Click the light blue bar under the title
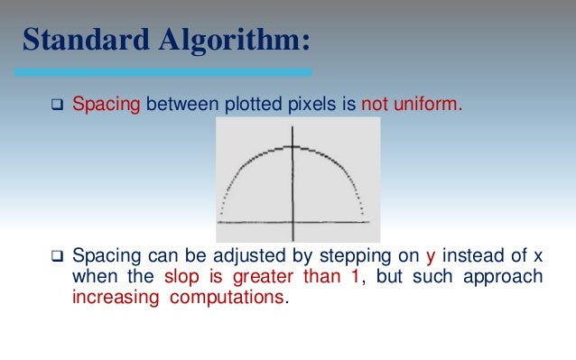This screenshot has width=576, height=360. pyautogui.click(x=163, y=71)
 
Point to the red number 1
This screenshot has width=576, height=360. pyautogui.click(x=355, y=276)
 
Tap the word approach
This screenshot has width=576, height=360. pyautogui.click(x=509, y=277)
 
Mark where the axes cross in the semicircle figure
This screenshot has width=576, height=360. pyautogui.click(x=292, y=221)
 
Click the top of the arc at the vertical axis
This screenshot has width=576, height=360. pyautogui.click(x=292, y=146)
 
